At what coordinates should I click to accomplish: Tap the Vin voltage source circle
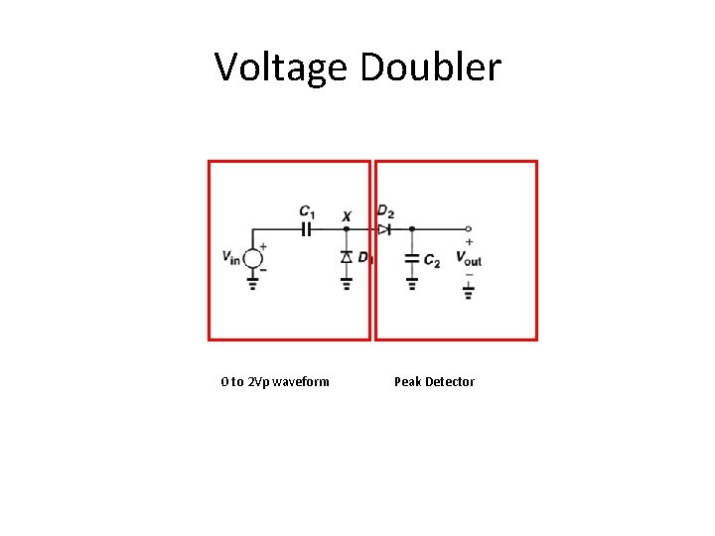[253, 258]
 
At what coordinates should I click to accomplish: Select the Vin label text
[231, 258]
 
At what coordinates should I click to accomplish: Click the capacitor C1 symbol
[307, 228]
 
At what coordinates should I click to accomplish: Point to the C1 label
[307, 211]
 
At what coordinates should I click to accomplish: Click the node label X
[346, 215]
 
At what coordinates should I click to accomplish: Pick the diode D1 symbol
[346, 257]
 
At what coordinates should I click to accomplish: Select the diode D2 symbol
[383, 228]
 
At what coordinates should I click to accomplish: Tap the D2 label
[385, 211]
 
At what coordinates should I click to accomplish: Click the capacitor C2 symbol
[412, 258]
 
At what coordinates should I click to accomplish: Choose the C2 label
[432, 261]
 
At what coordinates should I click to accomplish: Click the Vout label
[469, 258]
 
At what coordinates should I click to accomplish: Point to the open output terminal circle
[469, 228]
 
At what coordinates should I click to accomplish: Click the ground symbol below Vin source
[253, 283]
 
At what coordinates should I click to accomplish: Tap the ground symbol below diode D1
[346, 283]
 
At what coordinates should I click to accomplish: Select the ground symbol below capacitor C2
[412, 283]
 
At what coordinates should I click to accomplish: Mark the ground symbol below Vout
[469, 291]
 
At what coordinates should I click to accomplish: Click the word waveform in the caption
[300, 381]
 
